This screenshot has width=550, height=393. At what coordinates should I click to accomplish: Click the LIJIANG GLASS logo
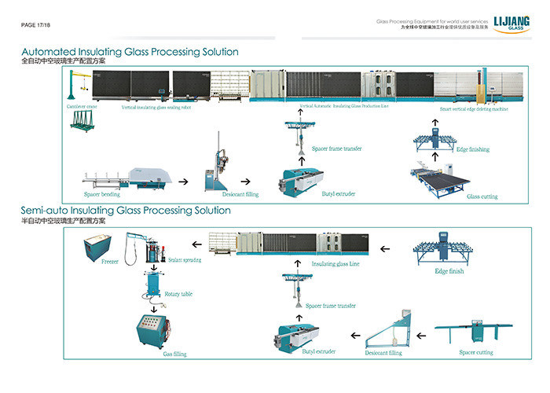pos(509,25)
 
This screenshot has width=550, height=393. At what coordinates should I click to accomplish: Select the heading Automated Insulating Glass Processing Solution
pos(130,52)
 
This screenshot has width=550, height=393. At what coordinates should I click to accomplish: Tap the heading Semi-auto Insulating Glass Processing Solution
pos(126,211)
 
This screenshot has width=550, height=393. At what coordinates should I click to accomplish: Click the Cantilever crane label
pos(82,105)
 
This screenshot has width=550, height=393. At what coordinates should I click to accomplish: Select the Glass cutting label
pos(482,196)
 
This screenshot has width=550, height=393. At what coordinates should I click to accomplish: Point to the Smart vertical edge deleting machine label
pos(474,109)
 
